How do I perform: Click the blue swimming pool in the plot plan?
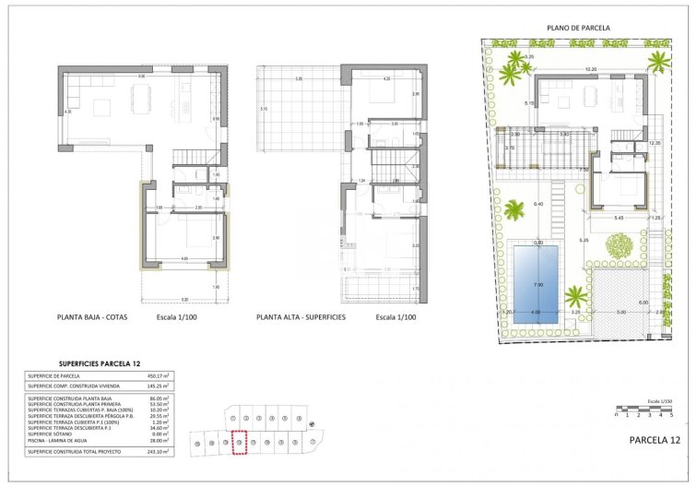tap(538, 278)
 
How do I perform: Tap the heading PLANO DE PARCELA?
tap(578, 30)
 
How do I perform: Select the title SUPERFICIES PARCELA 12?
tap(100, 363)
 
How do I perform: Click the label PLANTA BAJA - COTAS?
tap(92, 317)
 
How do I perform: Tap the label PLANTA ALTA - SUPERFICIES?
tap(301, 317)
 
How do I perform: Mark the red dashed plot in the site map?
tap(239, 444)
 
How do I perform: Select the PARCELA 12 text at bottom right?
tap(655, 441)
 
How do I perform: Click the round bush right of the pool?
tap(620, 246)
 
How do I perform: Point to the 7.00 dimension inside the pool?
tap(538, 285)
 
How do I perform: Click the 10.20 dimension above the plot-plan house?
tap(591, 69)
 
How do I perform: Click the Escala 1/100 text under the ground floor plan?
tap(178, 317)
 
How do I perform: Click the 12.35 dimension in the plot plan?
tap(655, 143)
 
